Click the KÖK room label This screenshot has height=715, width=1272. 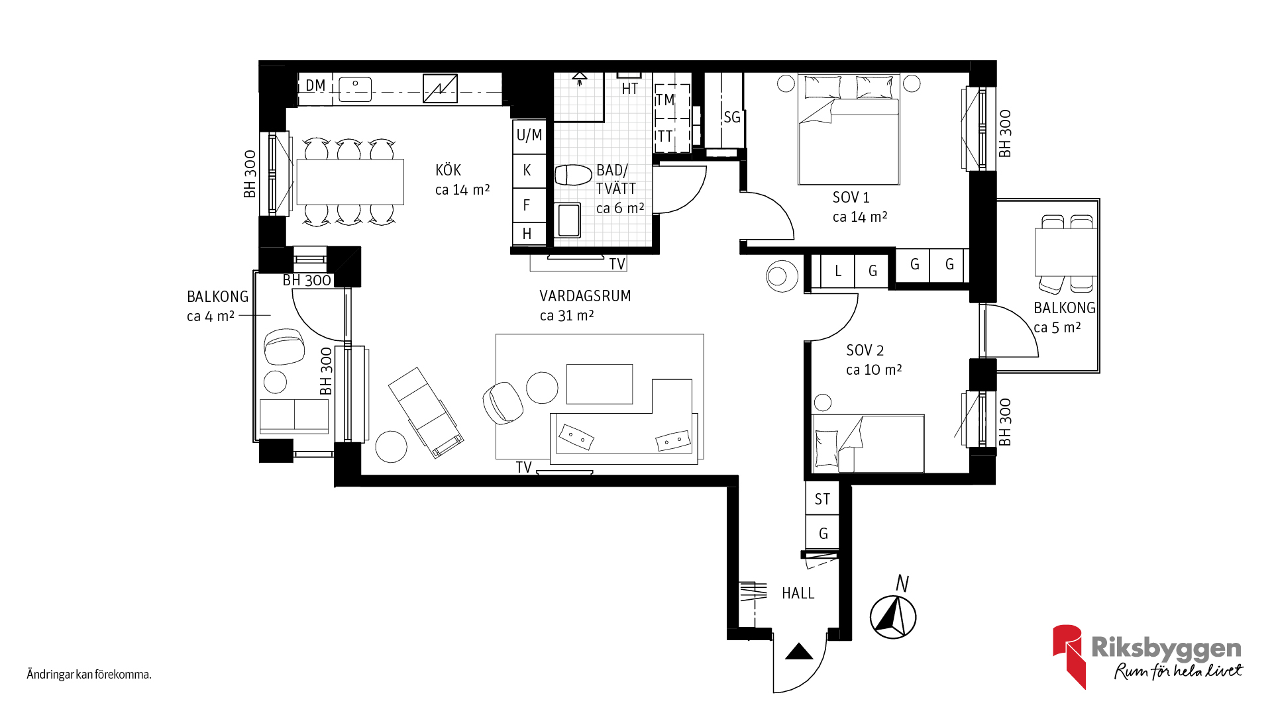[448, 170]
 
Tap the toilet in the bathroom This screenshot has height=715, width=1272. [573, 175]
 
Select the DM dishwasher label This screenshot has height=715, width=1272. [315, 85]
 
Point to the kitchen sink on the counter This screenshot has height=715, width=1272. [355, 89]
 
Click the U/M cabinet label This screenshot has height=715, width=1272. [529, 136]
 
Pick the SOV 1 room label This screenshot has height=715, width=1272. [851, 197]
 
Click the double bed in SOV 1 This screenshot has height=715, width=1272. [849, 129]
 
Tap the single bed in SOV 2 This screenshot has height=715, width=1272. [868, 444]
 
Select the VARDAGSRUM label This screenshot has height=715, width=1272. [585, 296]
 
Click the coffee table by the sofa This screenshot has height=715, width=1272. [600, 384]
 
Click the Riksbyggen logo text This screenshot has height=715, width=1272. [1166, 649]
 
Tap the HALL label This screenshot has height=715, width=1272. [798, 593]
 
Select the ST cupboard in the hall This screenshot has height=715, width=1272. [822, 499]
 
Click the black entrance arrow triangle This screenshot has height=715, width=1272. [799, 651]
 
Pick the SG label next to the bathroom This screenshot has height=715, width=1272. [732, 117]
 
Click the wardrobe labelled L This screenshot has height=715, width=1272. [837, 271]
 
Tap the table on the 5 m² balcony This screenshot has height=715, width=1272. [1065, 252]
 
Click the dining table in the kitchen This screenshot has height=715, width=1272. [350, 182]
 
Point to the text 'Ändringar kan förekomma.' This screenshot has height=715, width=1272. [89, 675]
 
